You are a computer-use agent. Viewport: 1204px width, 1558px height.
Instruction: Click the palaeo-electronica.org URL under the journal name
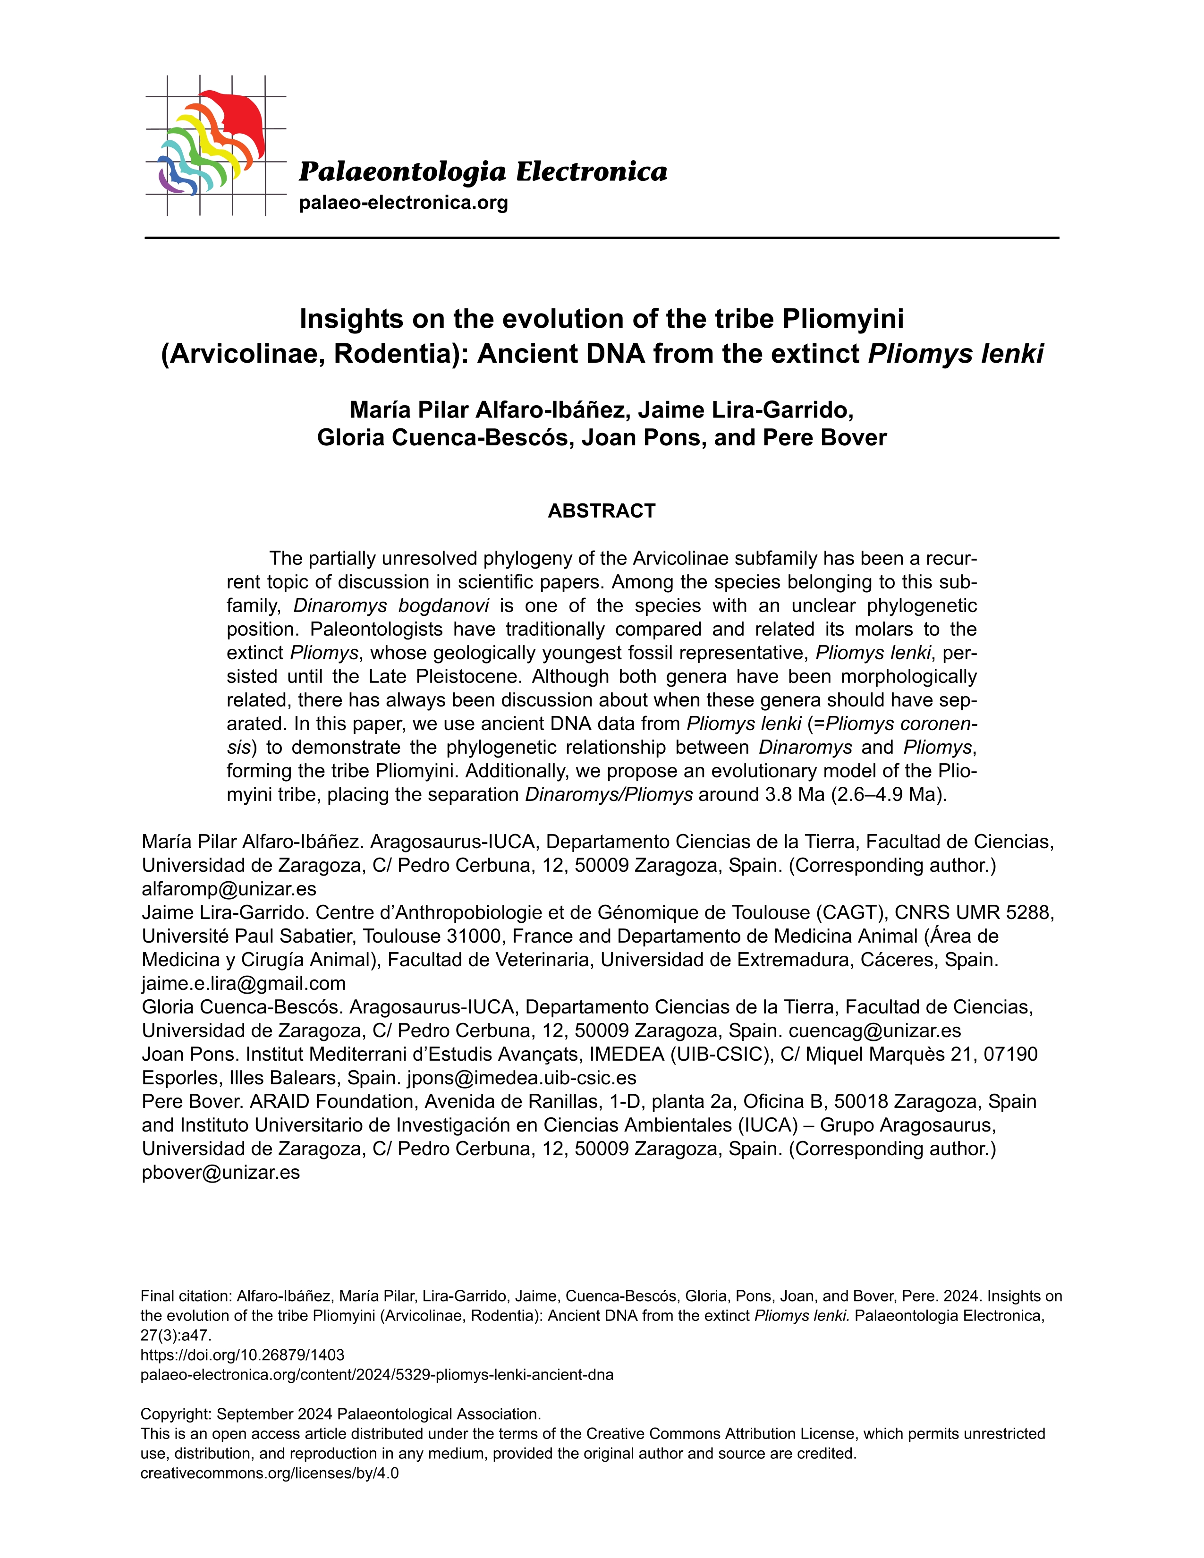pos(403,204)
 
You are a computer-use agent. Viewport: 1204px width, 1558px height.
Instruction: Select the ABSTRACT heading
pos(601,511)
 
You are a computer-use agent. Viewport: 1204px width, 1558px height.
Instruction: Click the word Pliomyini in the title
pos(843,319)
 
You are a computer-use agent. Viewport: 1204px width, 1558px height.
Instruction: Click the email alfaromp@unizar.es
pos(229,889)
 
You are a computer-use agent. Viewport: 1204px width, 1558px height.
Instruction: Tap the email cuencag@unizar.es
pos(875,1031)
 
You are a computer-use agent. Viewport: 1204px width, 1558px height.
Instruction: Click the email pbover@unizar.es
pos(220,1172)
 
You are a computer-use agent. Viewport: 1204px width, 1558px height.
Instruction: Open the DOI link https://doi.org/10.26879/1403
pos(243,1354)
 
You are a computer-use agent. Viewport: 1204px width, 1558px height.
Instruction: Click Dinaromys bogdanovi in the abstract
pos(391,605)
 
